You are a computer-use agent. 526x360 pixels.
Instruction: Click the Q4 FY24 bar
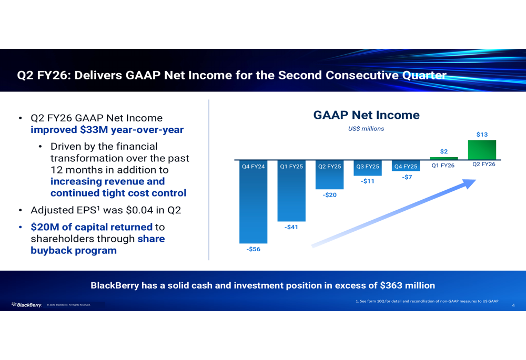pos(254,202)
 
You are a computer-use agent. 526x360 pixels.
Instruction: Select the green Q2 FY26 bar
pos(482,150)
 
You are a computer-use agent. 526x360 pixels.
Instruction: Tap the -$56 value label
pos(254,249)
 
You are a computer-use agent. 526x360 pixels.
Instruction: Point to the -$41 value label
pos(291,227)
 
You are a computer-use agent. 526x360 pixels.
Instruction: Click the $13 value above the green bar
pos(482,135)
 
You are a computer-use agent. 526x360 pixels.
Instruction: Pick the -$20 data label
pos(329,195)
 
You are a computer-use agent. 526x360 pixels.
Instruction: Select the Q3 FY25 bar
pos(368,168)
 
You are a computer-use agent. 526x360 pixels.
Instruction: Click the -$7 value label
pos(407,177)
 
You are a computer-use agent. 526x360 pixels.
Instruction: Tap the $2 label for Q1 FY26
pos(444,151)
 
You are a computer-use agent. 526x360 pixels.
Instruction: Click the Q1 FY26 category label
pos(443,165)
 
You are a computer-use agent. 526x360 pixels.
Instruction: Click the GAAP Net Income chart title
pos(366,115)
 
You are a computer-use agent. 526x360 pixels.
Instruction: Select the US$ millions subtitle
pos(366,129)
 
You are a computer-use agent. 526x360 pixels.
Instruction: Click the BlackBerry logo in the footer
pos(26,305)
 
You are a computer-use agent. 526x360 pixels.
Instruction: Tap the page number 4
pos(513,305)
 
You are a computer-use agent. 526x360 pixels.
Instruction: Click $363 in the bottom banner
pos(391,285)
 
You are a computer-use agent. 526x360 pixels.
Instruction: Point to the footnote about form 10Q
pos(427,301)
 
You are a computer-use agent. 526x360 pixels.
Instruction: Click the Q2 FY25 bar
pos(329,175)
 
